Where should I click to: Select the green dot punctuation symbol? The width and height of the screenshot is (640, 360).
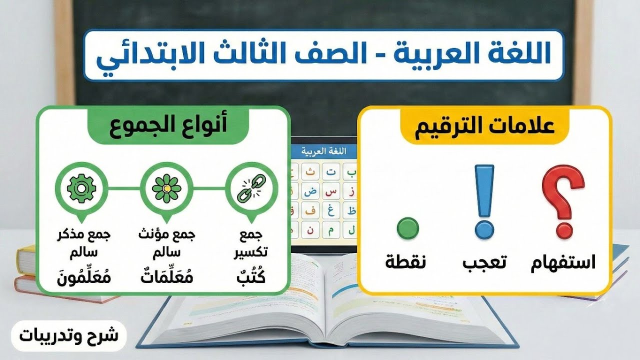407,227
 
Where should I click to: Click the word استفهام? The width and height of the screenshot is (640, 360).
563,262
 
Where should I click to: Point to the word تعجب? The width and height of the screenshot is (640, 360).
484,262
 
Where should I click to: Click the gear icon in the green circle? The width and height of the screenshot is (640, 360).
81,188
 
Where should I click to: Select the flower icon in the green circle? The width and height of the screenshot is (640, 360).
166,188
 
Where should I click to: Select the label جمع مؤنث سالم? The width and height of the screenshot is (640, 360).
166,242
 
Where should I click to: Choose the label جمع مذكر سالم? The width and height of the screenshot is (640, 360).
81,242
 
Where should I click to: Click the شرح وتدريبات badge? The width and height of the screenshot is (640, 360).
68,335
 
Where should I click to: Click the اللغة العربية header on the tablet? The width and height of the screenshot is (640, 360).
324,150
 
